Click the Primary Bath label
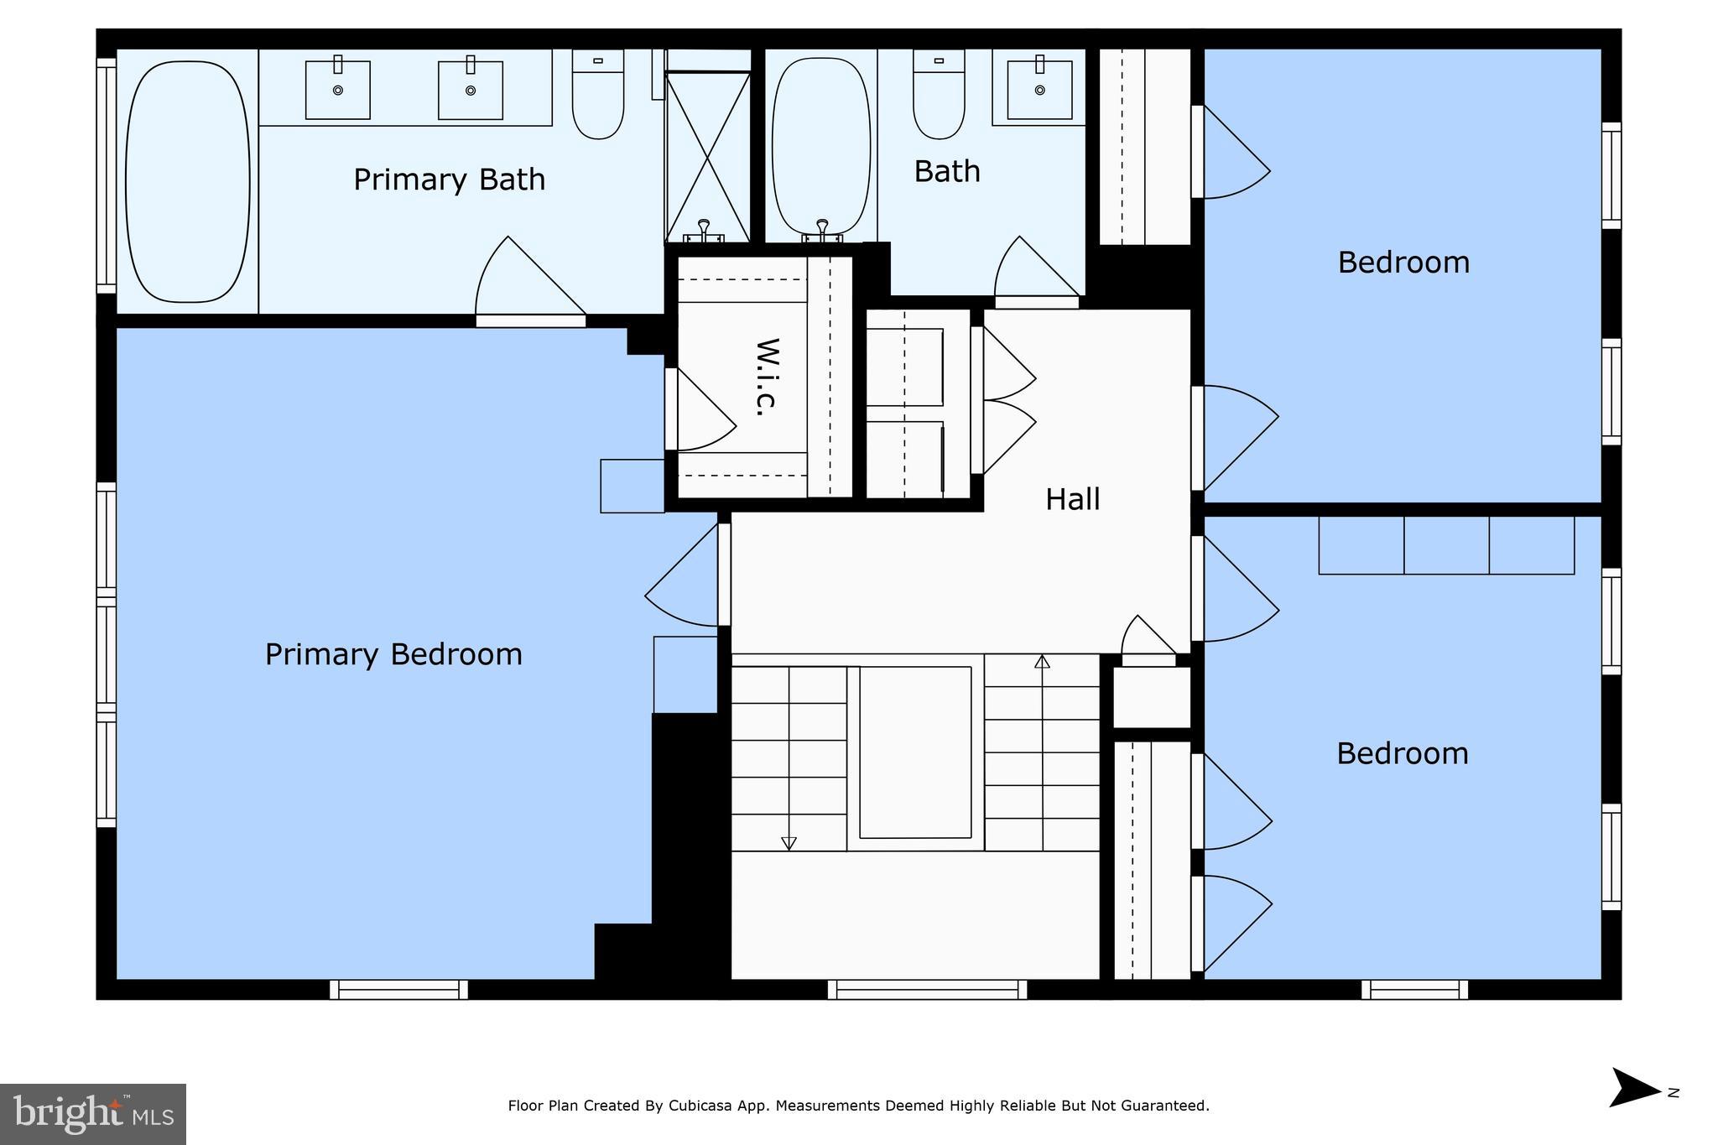tap(449, 180)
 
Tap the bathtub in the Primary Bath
tap(187, 181)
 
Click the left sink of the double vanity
tap(337, 90)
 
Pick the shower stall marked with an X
tap(708, 156)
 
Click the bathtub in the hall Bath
tap(820, 144)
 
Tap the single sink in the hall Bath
tap(1039, 90)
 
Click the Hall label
tap(1072, 500)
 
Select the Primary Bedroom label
tap(393, 654)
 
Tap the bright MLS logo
tap(93, 1114)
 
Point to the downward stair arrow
tap(789, 841)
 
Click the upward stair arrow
tap(1042, 663)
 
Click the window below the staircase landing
tap(927, 990)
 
